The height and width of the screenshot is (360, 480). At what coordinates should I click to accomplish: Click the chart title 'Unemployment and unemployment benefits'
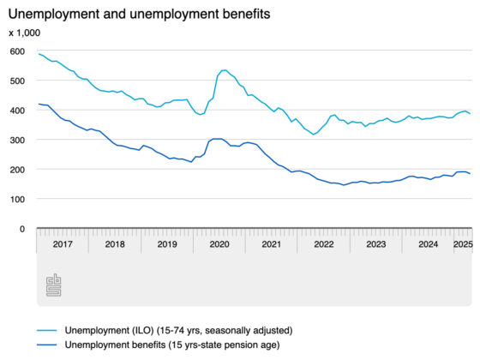(x=139, y=14)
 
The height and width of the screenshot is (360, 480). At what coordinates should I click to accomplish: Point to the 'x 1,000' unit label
(x=25, y=33)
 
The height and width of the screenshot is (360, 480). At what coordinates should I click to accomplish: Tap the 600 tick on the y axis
(x=17, y=51)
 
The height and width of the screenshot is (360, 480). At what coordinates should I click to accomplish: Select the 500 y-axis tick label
(x=17, y=81)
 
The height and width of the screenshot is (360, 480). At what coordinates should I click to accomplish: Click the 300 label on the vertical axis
(x=17, y=141)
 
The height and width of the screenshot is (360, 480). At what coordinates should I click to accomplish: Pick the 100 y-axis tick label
(x=17, y=200)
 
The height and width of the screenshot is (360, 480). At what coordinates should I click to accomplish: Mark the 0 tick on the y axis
(x=22, y=229)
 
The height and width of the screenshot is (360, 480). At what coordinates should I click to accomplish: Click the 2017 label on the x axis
(x=63, y=244)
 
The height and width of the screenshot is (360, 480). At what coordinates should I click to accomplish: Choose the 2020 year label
(x=219, y=244)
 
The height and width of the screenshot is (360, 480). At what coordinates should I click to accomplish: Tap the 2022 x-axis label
(x=324, y=244)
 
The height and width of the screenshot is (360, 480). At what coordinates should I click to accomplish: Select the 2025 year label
(x=463, y=244)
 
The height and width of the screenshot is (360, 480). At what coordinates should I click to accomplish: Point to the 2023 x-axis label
(x=376, y=244)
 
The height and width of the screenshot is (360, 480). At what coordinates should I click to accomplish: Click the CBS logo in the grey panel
(x=53, y=285)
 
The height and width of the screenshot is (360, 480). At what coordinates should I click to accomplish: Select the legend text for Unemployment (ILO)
(x=179, y=331)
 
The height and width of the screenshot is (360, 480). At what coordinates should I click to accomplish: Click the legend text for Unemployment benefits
(x=172, y=345)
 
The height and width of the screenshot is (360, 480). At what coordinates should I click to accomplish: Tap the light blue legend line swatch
(x=47, y=331)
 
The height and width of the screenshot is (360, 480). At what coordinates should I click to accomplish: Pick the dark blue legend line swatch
(x=47, y=345)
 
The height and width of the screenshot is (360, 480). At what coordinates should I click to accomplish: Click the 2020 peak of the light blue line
(x=225, y=70)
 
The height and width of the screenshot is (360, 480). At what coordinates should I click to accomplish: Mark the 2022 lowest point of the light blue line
(x=313, y=135)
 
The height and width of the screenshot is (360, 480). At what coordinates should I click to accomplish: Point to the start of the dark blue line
(x=39, y=104)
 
